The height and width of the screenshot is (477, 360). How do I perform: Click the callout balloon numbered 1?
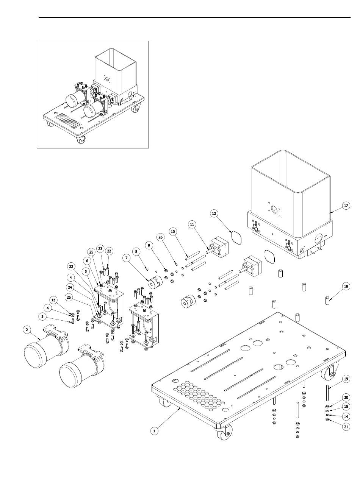(x=154, y=430)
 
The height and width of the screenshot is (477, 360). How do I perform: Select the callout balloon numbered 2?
(x=27, y=330)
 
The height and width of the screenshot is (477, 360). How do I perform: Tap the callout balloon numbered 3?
(x=42, y=316)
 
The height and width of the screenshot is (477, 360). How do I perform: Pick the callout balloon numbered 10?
(x=173, y=231)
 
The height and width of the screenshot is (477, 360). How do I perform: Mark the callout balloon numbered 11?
(x=192, y=224)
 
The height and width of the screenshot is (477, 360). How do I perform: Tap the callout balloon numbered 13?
(x=53, y=300)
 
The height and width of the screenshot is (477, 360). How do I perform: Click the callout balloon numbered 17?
(x=346, y=206)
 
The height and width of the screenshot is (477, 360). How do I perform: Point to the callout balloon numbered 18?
(x=346, y=287)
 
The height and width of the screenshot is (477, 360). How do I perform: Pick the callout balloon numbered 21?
(x=346, y=426)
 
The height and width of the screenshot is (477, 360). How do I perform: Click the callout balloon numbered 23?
(x=100, y=249)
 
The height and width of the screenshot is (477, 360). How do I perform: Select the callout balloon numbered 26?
(x=160, y=237)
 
